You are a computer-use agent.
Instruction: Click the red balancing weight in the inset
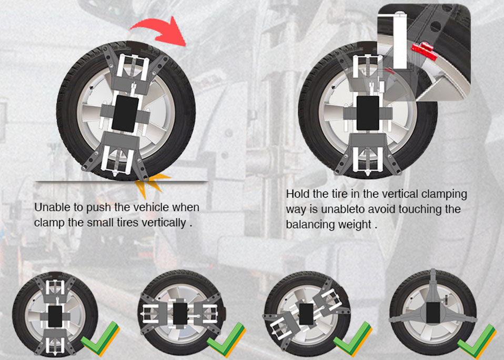coord(425,51)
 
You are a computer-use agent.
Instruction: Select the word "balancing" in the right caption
coord(309,224)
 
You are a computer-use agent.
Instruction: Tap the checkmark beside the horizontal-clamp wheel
coord(226,339)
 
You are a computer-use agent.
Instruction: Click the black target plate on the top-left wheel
coord(125,114)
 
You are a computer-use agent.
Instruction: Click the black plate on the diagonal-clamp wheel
coord(306,314)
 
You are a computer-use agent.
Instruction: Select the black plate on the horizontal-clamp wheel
coord(180,314)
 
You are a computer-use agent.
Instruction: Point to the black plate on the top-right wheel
coord(368,113)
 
